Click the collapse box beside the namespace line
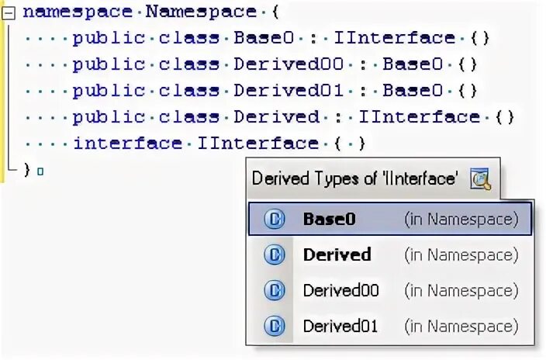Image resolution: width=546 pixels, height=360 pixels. (9, 12)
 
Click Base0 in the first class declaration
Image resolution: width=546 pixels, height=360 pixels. (265, 38)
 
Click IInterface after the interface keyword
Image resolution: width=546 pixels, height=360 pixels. (257, 144)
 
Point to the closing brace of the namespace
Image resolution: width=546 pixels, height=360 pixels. (27, 168)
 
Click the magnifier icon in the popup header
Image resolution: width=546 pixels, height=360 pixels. (481, 179)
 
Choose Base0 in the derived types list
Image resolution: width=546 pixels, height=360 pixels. (329, 220)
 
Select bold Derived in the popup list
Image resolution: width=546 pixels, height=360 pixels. (337, 254)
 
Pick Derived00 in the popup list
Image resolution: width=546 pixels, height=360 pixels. (340, 290)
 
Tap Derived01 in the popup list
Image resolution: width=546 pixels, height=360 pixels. (340, 326)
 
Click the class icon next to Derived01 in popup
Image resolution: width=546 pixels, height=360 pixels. (275, 326)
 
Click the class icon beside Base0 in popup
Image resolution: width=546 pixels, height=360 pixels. (275, 220)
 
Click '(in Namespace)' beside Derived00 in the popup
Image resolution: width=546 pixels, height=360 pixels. (461, 290)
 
